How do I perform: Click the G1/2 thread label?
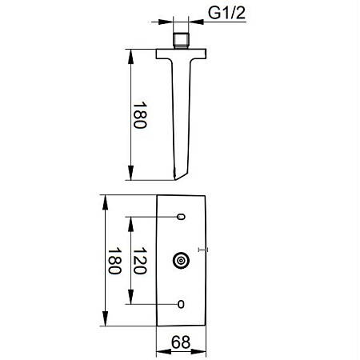click(x=226, y=13)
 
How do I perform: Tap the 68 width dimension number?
click(x=181, y=342)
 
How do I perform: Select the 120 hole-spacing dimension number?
click(x=140, y=261)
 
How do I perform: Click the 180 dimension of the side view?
click(x=140, y=115)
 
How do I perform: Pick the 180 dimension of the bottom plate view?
click(x=114, y=261)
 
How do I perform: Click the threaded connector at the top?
click(x=181, y=41)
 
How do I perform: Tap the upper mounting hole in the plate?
click(x=181, y=217)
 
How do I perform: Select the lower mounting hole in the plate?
click(x=181, y=304)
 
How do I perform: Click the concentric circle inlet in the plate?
click(x=181, y=260)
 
